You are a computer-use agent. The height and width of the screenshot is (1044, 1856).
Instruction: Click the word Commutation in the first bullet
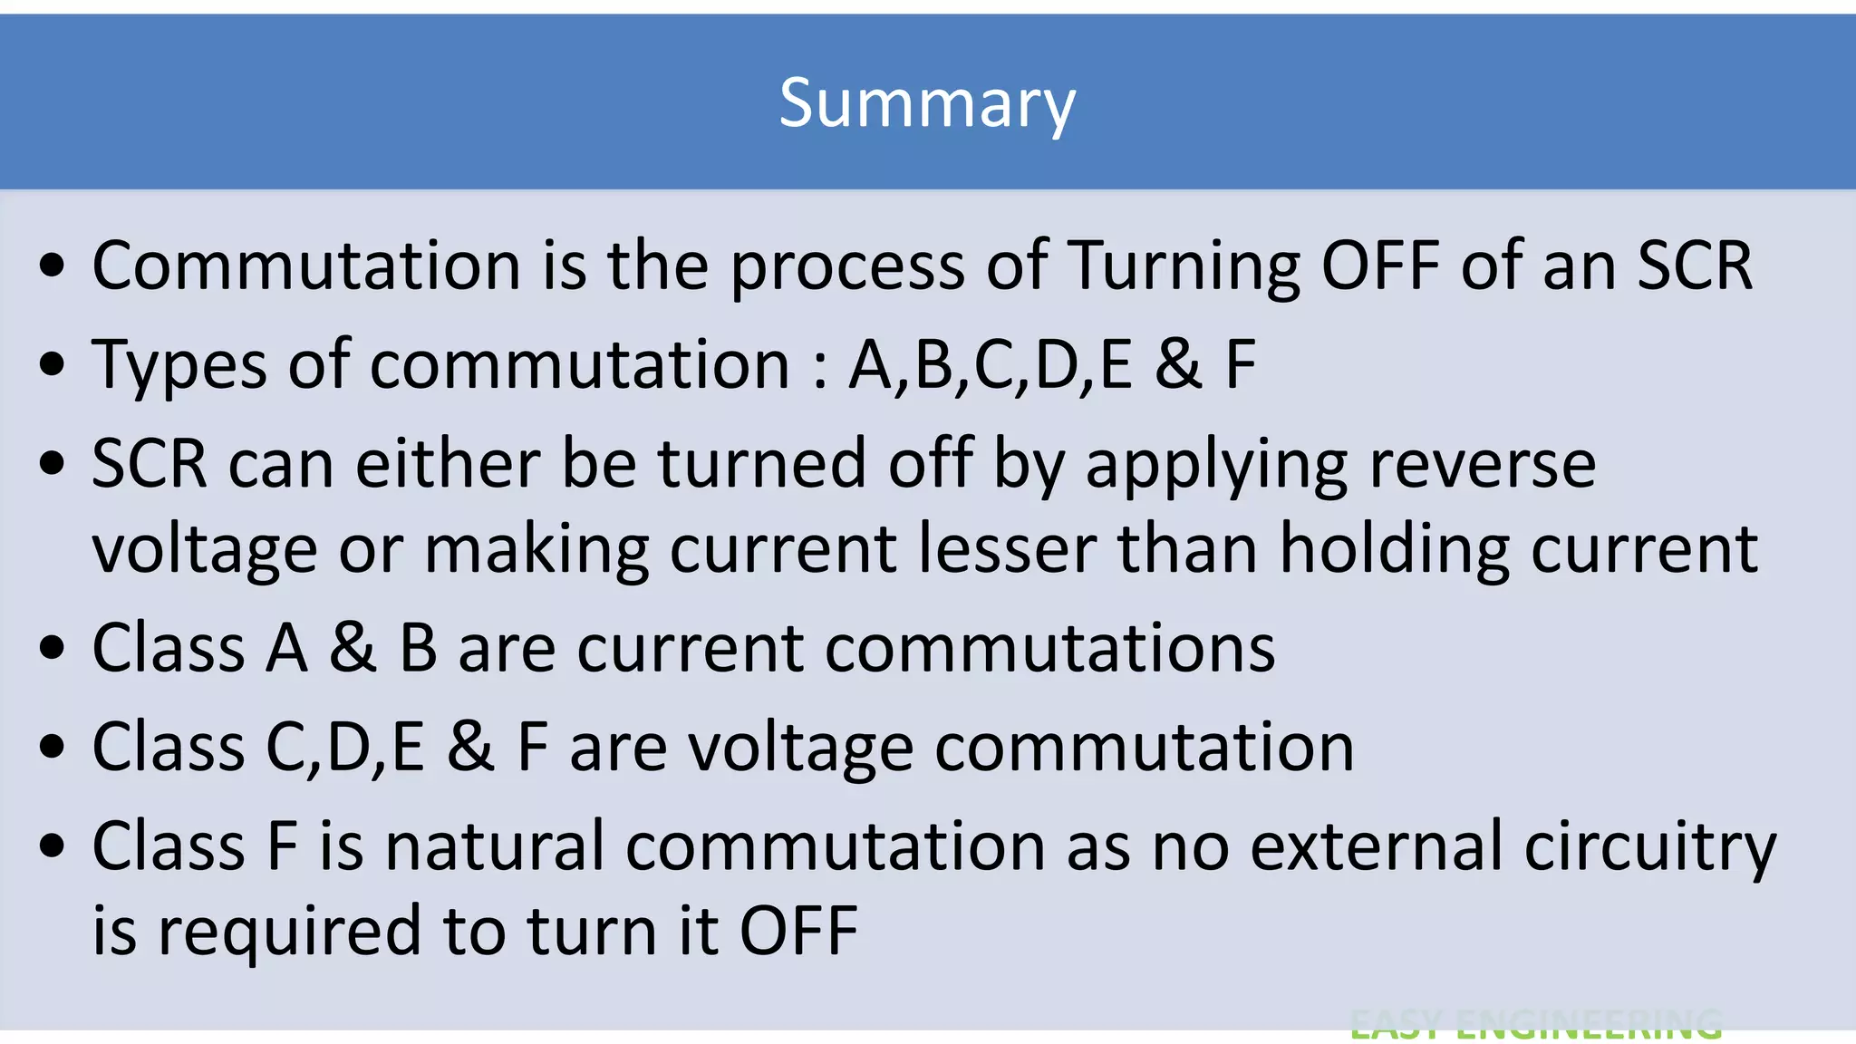306,266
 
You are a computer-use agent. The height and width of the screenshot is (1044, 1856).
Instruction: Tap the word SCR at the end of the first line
1695,266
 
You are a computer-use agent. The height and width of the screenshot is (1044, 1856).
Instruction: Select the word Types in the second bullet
179,365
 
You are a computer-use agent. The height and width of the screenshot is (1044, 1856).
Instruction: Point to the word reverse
1482,464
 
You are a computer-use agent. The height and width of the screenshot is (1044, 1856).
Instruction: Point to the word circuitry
1650,846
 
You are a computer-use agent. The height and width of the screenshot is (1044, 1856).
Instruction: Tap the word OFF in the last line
798,932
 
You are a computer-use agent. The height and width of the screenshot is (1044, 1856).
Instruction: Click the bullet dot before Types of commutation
53,365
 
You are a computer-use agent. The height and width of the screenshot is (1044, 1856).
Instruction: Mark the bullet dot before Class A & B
53,649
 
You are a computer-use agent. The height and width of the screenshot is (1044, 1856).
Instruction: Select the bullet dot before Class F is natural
53,846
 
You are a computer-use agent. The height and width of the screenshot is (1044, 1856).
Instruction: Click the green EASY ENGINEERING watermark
1535,1024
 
